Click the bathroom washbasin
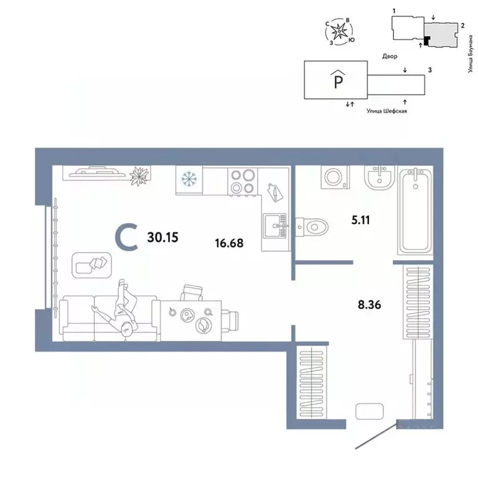[379, 180]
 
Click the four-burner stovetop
[242, 182]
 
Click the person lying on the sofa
[126, 309]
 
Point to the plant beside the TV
[140, 176]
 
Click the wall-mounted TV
[96, 171]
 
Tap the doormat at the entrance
[369, 411]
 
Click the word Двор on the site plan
[390, 56]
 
